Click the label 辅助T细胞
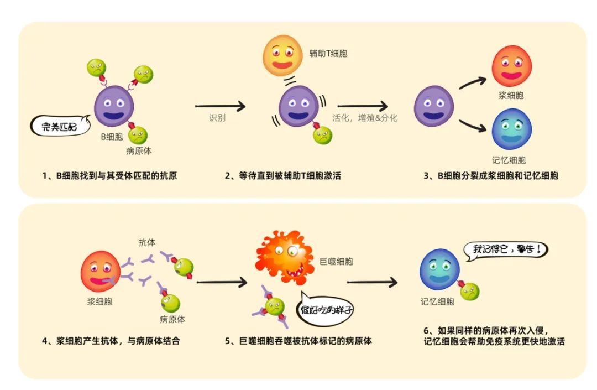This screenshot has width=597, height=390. pos(328,54)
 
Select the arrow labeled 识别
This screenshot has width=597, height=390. pos(220,106)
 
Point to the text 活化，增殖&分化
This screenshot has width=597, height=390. pos(364,118)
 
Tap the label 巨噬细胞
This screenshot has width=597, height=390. pos(336,261)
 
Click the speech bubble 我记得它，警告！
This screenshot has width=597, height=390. pos(504,249)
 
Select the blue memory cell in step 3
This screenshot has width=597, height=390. pos(511,129)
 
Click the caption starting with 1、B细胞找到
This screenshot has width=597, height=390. pos(110,176)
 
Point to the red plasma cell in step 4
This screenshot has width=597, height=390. pos(100,271)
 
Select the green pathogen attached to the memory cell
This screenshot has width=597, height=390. pos(470,292)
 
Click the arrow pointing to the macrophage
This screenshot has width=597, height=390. pos(222,282)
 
